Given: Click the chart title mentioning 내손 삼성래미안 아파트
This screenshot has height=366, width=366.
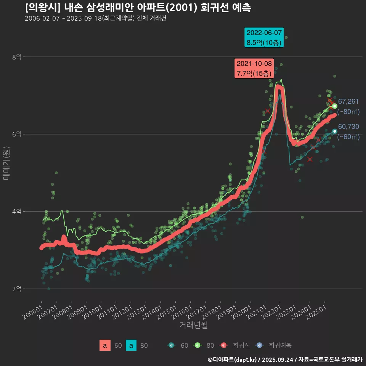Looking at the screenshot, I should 138,8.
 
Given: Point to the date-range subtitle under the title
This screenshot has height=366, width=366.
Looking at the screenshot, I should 95,19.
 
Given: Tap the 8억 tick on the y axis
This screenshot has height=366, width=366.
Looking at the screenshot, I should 17,57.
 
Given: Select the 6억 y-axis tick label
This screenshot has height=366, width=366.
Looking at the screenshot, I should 17,134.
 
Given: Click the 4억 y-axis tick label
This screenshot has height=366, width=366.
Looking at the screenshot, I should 17,212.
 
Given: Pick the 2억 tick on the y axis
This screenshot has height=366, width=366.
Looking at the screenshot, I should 17,289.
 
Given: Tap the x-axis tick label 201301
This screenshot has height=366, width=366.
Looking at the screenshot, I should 137,313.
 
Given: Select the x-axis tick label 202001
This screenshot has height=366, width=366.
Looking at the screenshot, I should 241,313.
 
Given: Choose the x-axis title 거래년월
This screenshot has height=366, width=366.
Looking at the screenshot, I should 194,325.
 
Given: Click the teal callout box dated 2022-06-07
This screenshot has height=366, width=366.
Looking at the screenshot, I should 264,37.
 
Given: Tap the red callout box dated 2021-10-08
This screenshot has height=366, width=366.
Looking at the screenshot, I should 254,68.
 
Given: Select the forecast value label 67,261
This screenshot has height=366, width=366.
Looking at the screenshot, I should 348,101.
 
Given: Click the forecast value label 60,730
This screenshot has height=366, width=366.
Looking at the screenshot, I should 348,127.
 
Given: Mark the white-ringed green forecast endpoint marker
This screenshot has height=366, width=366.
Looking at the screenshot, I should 334,106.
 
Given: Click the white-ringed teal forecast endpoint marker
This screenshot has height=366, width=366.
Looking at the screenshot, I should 334,131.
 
